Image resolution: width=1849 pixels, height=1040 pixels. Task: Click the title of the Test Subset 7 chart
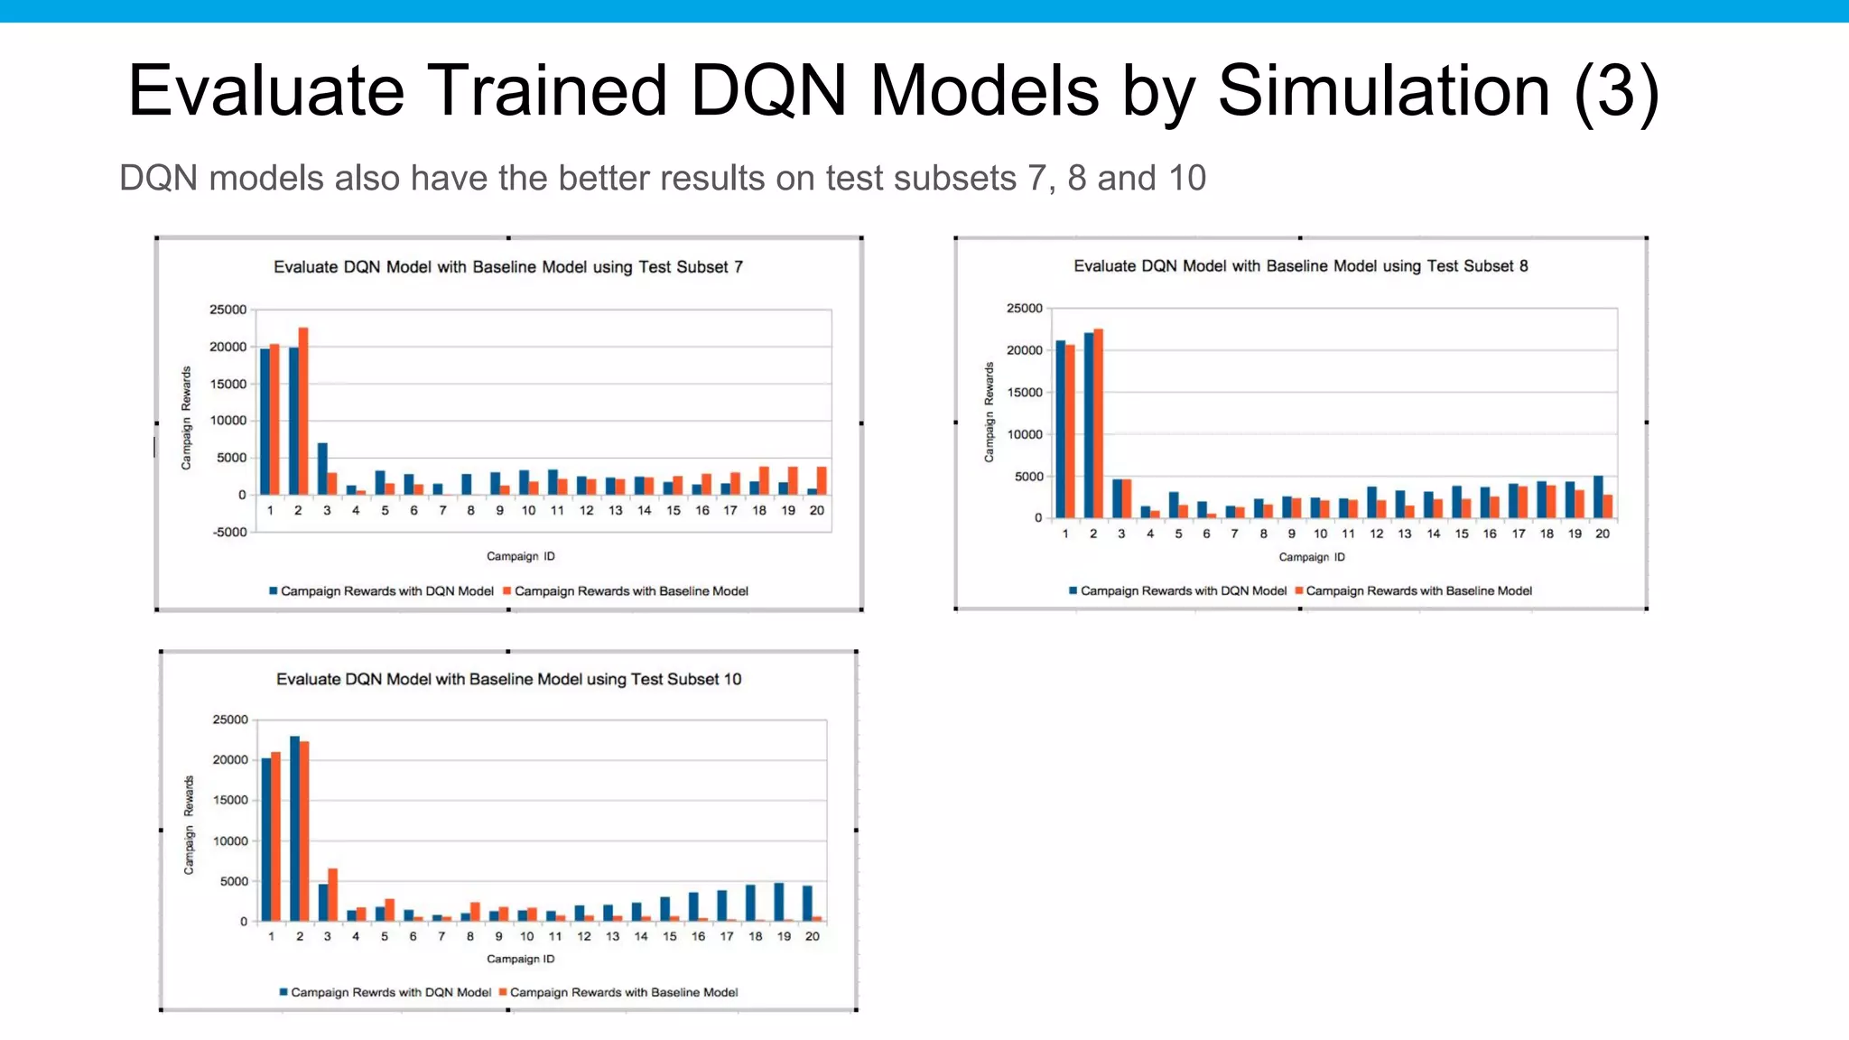[x=508, y=267]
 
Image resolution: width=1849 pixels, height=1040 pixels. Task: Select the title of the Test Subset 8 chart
[x=1300, y=266]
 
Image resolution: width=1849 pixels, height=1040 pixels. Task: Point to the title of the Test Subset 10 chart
[x=508, y=679]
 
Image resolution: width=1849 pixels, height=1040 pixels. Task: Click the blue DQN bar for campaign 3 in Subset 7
[x=322, y=469]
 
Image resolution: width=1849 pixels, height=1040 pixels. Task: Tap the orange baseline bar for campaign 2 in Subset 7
[x=303, y=411]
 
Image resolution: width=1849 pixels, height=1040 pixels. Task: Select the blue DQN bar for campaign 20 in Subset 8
[x=1598, y=497]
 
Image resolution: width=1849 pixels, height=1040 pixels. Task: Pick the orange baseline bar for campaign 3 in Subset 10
[x=332, y=895]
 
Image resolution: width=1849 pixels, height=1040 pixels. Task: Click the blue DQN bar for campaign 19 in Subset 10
[x=779, y=902]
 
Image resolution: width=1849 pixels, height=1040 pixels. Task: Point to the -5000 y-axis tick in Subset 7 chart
[x=229, y=532]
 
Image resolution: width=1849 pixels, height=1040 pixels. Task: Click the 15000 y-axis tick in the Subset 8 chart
[x=1025, y=393]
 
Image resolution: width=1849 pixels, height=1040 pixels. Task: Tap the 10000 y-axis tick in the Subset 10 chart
[x=230, y=841]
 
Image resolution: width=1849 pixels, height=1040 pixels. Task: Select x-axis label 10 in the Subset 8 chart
[x=1320, y=534]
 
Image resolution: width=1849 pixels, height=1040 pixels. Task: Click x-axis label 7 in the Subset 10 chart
[x=441, y=936]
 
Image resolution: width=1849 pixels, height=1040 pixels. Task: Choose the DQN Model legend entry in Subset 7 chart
[x=386, y=591]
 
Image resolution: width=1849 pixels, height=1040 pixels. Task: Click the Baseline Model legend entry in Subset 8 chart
[x=1418, y=591]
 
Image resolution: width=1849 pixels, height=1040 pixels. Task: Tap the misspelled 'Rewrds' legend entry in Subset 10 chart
[x=390, y=992]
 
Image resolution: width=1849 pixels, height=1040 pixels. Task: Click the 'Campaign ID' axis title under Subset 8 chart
[x=1312, y=557]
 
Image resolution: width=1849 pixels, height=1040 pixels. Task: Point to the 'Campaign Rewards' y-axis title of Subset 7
[x=187, y=418]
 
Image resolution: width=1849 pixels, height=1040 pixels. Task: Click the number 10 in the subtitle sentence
[x=1187, y=179]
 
